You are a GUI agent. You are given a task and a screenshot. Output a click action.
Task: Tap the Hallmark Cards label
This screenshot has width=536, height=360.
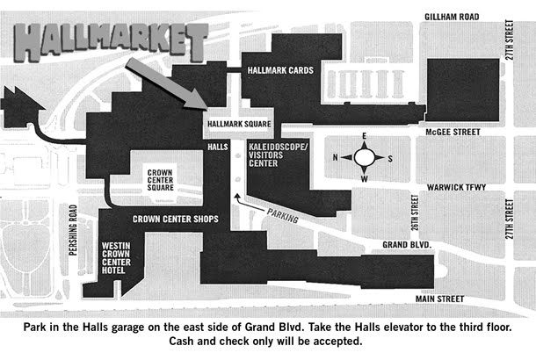(280, 70)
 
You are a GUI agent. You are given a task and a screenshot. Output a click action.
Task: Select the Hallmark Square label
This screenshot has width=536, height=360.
(238, 125)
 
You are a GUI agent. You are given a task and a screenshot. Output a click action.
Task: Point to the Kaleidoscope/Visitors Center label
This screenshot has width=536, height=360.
(279, 155)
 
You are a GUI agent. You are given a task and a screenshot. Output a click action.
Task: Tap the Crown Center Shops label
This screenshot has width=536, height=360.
(176, 219)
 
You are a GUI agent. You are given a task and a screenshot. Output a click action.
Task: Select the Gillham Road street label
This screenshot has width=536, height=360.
(453, 17)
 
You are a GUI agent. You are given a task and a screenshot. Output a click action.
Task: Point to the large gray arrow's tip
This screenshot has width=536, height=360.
(205, 107)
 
